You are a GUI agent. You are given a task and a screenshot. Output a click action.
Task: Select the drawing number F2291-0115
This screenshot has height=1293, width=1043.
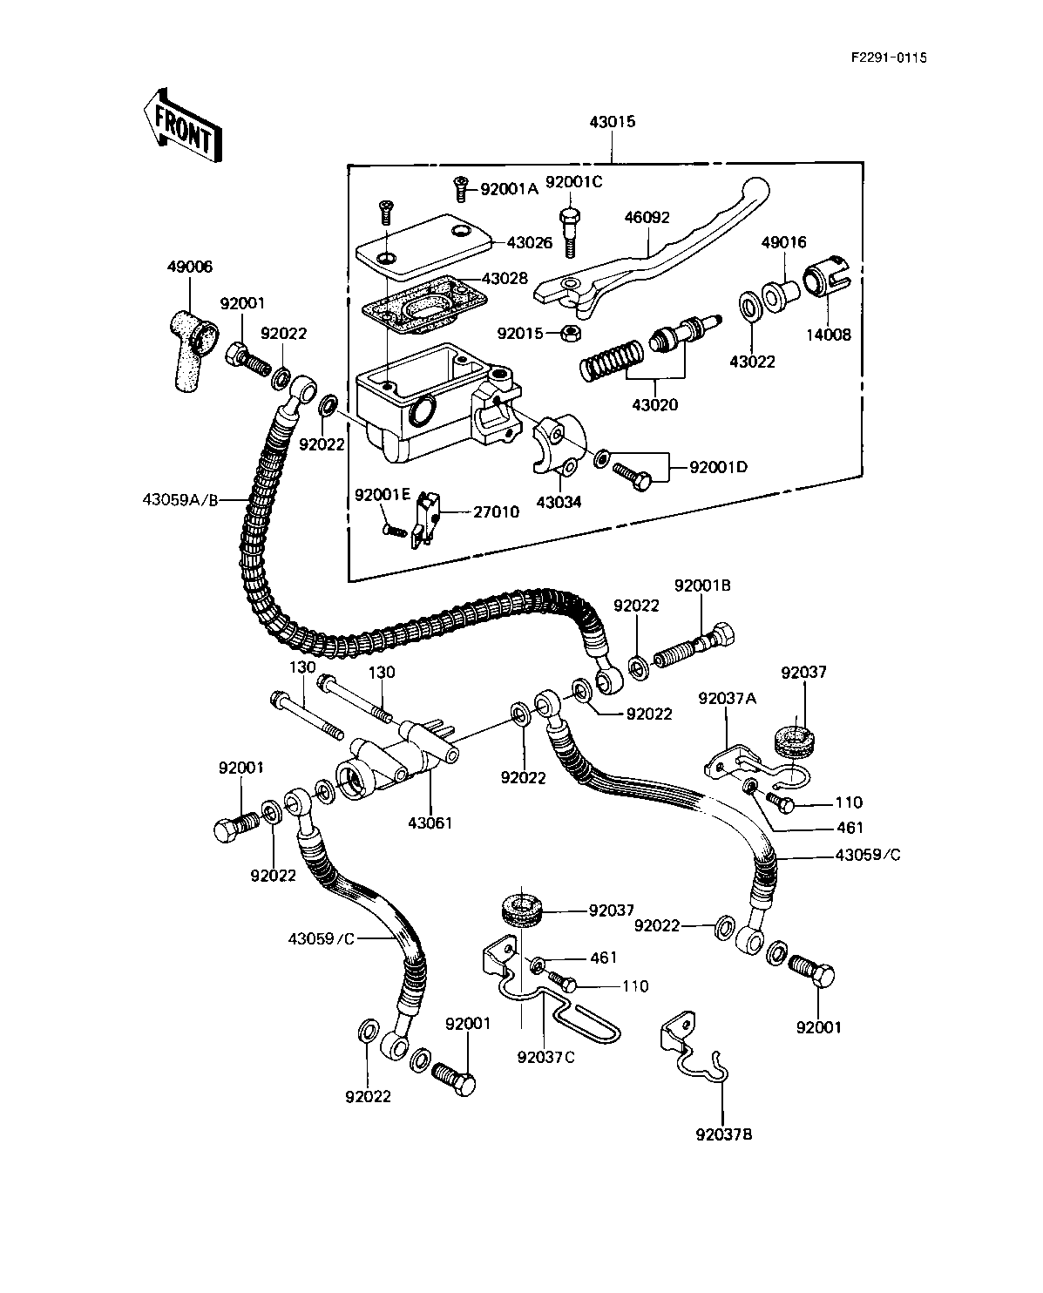click(x=889, y=58)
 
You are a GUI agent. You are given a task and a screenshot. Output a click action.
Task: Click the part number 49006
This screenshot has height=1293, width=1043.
click(x=189, y=267)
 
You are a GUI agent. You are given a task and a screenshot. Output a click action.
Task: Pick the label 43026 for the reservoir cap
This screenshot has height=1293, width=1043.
click(x=530, y=243)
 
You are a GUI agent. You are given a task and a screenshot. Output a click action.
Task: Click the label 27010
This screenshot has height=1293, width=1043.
click(x=498, y=511)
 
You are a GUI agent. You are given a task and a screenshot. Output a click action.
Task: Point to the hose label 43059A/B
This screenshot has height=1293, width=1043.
click(x=183, y=499)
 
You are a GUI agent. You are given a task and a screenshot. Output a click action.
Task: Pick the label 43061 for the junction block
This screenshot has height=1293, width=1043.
click(x=430, y=822)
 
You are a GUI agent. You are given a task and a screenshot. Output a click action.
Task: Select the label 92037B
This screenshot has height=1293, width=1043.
click(x=724, y=1134)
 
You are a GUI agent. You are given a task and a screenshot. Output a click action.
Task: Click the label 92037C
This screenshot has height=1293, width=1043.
click(x=545, y=1057)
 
